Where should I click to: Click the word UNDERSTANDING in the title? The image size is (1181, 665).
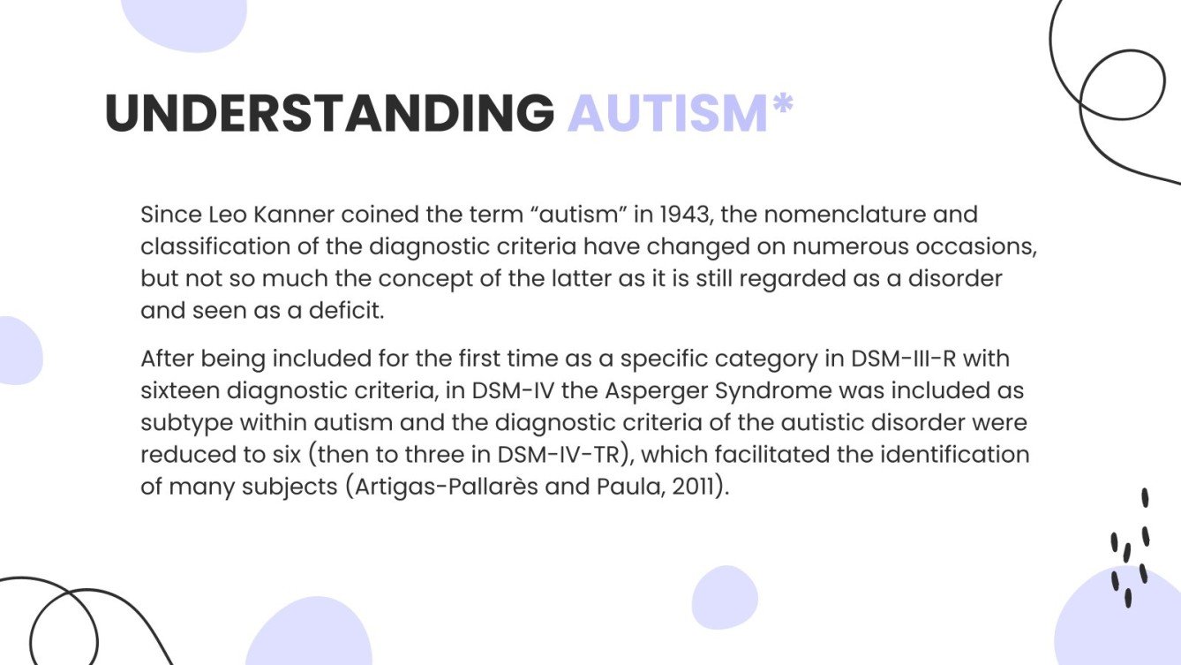(x=328, y=113)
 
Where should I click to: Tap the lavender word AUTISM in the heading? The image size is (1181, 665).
(x=667, y=113)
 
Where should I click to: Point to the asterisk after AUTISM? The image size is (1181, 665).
(x=782, y=106)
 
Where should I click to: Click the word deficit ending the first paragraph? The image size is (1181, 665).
(x=352, y=311)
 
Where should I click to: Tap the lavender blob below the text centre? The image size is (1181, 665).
(x=725, y=596)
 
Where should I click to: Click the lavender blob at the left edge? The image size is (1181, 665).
(x=18, y=351)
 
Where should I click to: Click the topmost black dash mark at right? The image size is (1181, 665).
(x=1145, y=498)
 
